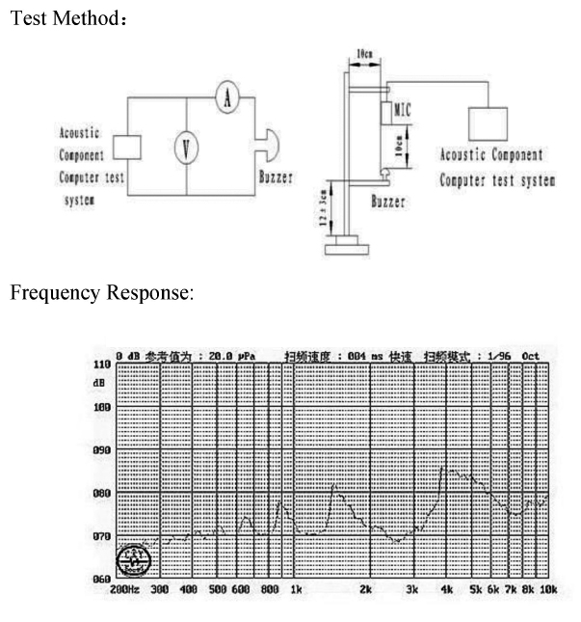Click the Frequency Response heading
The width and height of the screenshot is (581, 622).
[101, 291]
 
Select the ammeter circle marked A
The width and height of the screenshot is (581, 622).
[226, 98]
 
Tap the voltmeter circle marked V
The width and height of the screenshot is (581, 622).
[186, 148]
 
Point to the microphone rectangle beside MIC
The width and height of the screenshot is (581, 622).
[384, 114]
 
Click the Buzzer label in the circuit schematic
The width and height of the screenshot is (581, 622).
[276, 177]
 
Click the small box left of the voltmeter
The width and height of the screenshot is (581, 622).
[127, 148]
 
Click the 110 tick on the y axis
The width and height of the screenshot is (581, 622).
[99, 365]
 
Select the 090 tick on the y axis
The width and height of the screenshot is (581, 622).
[99, 450]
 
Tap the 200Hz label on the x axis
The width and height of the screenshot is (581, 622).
[124, 588]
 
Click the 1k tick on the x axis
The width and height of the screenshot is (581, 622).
[297, 588]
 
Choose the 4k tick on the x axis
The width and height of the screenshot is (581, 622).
[446, 588]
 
